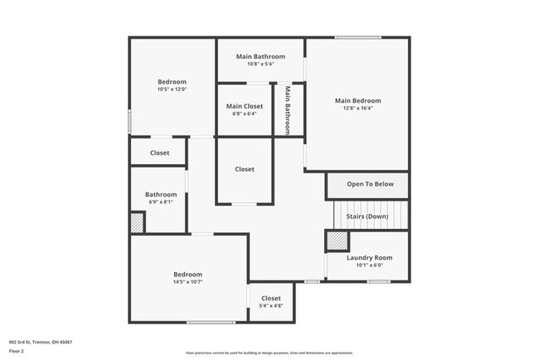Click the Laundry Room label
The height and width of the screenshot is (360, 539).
click(369, 258)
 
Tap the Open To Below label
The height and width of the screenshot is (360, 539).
click(370, 184)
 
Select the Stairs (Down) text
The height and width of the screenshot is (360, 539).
click(366, 216)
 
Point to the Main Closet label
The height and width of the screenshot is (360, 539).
click(245, 106)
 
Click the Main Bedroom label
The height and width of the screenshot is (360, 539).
click(358, 101)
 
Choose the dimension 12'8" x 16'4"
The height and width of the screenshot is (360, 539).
click(358, 109)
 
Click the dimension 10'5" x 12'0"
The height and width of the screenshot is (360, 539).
click(172, 90)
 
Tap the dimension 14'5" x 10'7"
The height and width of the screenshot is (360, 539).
click(187, 282)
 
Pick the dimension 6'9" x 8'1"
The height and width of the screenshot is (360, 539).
click(161, 202)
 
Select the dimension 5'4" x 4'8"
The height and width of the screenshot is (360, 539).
click(271, 306)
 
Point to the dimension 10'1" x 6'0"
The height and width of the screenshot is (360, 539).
click(369, 265)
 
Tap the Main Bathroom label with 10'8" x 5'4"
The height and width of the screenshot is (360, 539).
click(260, 56)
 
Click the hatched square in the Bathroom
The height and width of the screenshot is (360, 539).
click(137, 223)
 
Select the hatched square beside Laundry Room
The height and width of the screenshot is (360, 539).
click(336, 241)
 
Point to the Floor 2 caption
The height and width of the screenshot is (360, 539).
click(17, 351)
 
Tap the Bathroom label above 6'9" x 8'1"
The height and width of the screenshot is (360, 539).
click(161, 194)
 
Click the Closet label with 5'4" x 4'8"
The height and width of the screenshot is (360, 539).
click(271, 299)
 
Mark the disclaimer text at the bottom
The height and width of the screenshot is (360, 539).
click(270, 353)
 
